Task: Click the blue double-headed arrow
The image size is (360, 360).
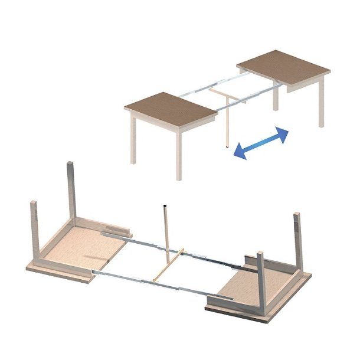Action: click(x=260, y=143)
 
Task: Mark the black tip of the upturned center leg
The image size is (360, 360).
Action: click(x=165, y=206)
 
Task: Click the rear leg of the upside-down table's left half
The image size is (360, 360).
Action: click(x=71, y=189)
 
